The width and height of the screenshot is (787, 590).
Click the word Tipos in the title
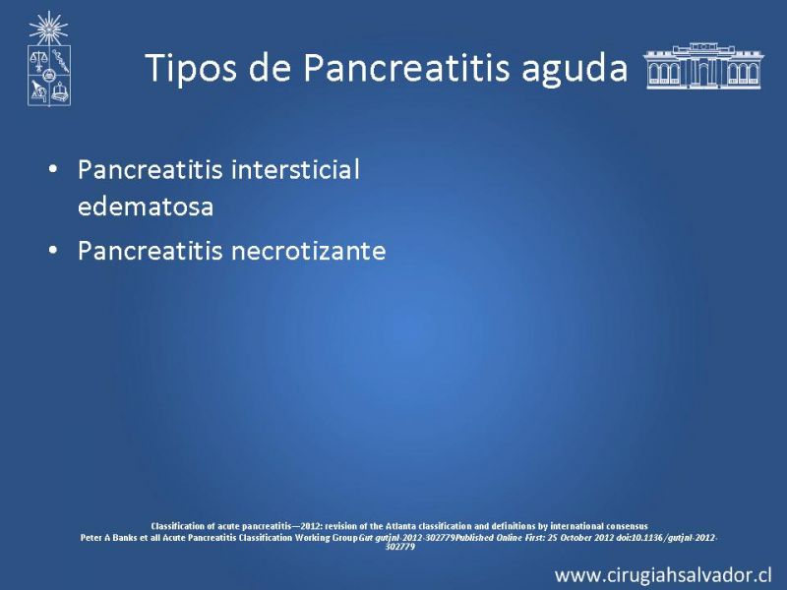click(x=190, y=67)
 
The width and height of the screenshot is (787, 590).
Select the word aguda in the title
click(x=575, y=70)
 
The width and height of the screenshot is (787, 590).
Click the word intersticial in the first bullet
click(x=295, y=169)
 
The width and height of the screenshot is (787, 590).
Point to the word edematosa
click(x=146, y=206)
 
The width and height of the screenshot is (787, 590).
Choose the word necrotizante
click(x=308, y=251)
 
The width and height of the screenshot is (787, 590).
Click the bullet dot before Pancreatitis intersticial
click(x=53, y=169)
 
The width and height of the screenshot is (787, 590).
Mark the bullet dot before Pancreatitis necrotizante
click(x=53, y=250)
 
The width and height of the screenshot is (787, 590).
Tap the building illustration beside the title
click(x=703, y=66)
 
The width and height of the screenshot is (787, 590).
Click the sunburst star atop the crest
click(x=48, y=29)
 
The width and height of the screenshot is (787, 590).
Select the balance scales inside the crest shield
click(x=37, y=60)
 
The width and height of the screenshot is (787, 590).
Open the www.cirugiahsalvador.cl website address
click(x=663, y=575)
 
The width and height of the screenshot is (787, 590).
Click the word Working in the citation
click(x=311, y=538)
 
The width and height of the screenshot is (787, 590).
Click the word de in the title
click(x=271, y=67)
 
